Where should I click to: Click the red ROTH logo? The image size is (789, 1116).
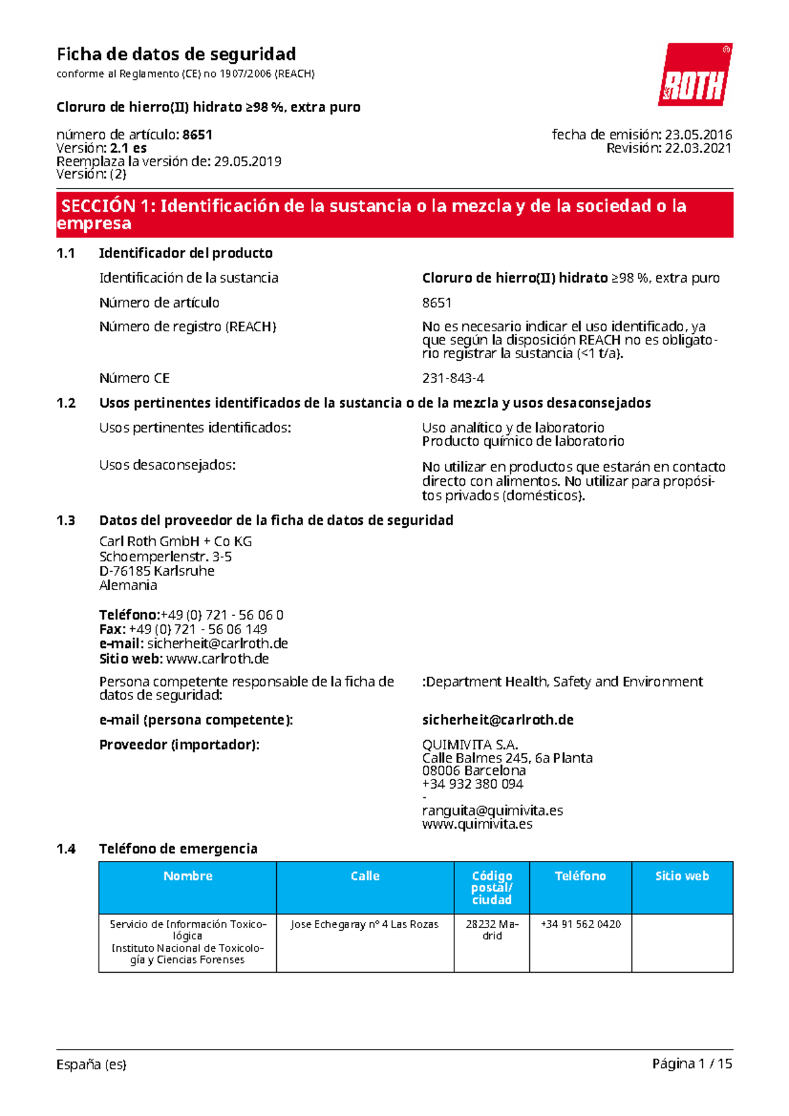pyautogui.click(x=695, y=75)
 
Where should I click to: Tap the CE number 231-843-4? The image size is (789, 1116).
pyautogui.click(x=453, y=379)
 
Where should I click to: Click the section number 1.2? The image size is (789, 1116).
pyautogui.click(x=66, y=403)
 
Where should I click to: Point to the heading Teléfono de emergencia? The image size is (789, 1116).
pyautogui.click(x=178, y=849)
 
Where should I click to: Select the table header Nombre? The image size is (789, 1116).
pyautogui.click(x=187, y=876)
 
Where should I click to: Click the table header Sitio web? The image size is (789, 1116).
pyautogui.click(x=682, y=876)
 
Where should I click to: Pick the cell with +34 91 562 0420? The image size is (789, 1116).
pyautogui.click(x=581, y=924)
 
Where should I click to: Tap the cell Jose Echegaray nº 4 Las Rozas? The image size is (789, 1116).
pyautogui.click(x=364, y=924)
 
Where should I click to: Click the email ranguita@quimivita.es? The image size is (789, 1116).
pyautogui.click(x=492, y=810)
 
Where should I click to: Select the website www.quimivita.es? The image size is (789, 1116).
pyautogui.click(x=477, y=824)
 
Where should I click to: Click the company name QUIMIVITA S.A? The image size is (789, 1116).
pyautogui.click(x=470, y=745)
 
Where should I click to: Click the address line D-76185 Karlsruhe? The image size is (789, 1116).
pyautogui.click(x=156, y=570)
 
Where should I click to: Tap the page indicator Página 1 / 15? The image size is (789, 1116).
pyautogui.click(x=692, y=1064)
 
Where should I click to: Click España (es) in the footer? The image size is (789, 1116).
pyautogui.click(x=91, y=1064)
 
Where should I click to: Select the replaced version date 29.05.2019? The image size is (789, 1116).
pyautogui.click(x=248, y=162)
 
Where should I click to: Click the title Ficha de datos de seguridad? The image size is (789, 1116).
pyautogui.click(x=176, y=54)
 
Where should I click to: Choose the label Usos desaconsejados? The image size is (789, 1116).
pyautogui.click(x=167, y=465)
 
